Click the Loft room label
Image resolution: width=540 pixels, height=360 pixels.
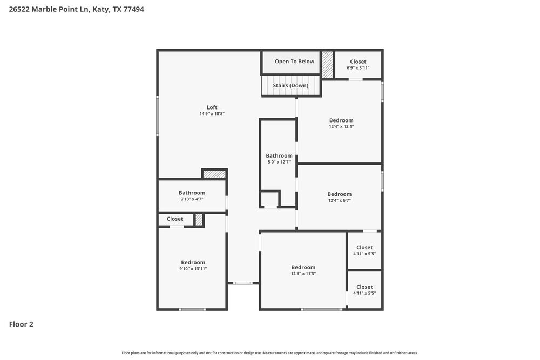pyautogui.click(x=212, y=107)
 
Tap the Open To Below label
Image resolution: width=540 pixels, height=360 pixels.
pyautogui.click(x=294, y=62)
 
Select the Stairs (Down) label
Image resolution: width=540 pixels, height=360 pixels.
pyautogui.click(x=291, y=86)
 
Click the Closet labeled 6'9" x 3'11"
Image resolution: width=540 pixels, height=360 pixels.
pyautogui.click(x=358, y=62)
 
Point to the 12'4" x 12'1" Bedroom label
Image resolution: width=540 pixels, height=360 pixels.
pyautogui.click(x=341, y=120)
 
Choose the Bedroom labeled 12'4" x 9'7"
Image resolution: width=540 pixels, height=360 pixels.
pyautogui.click(x=339, y=194)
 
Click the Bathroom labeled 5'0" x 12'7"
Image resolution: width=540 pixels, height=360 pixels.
pyautogui.click(x=279, y=156)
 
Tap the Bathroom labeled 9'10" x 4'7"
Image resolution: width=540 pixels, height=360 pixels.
pyautogui.click(x=192, y=193)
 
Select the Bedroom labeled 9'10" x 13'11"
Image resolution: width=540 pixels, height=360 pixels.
pyautogui.click(x=193, y=263)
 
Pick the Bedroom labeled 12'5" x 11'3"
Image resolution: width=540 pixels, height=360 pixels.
pyautogui.click(x=303, y=268)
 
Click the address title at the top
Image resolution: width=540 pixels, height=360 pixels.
pyautogui.click(x=77, y=9)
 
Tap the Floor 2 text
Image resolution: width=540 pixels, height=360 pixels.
pyautogui.click(x=21, y=324)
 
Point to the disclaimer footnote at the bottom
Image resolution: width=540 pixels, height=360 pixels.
pyautogui.click(x=269, y=353)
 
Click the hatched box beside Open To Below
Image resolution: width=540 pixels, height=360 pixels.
pyautogui.click(x=327, y=65)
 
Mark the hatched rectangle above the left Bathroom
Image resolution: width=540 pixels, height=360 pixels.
pyautogui.click(x=214, y=174)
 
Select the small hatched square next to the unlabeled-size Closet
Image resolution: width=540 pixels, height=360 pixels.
pyautogui.click(x=199, y=220)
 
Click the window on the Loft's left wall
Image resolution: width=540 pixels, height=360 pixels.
pyautogui.click(x=158, y=116)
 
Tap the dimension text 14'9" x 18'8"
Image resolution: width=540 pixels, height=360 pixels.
pyautogui.click(x=212, y=114)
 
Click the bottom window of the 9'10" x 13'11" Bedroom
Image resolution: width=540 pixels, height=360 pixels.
pyautogui.click(x=192, y=309)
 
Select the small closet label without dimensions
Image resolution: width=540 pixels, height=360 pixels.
pyautogui.click(x=175, y=219)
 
